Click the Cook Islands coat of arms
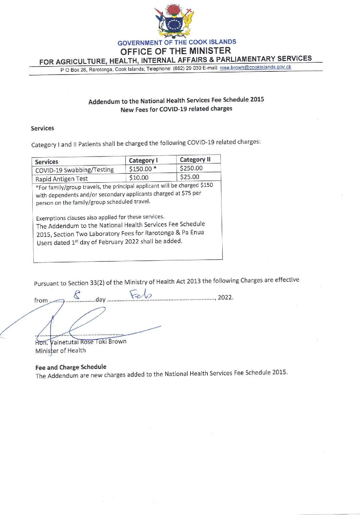point(174,21)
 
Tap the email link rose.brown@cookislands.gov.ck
point(255,67)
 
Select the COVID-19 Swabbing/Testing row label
point(75,170)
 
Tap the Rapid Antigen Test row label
point(62,179)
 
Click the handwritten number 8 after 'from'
point(77,294)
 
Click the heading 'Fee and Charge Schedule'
point(71,367)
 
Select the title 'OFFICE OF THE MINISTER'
point(175,51)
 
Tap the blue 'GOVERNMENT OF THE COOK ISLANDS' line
point(177,42)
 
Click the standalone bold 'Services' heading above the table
point(43,128)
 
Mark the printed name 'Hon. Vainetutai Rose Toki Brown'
point(81,342)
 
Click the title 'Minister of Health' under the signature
point(60,350)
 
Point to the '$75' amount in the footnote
point(186,193)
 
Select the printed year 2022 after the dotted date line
point(225,297)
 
